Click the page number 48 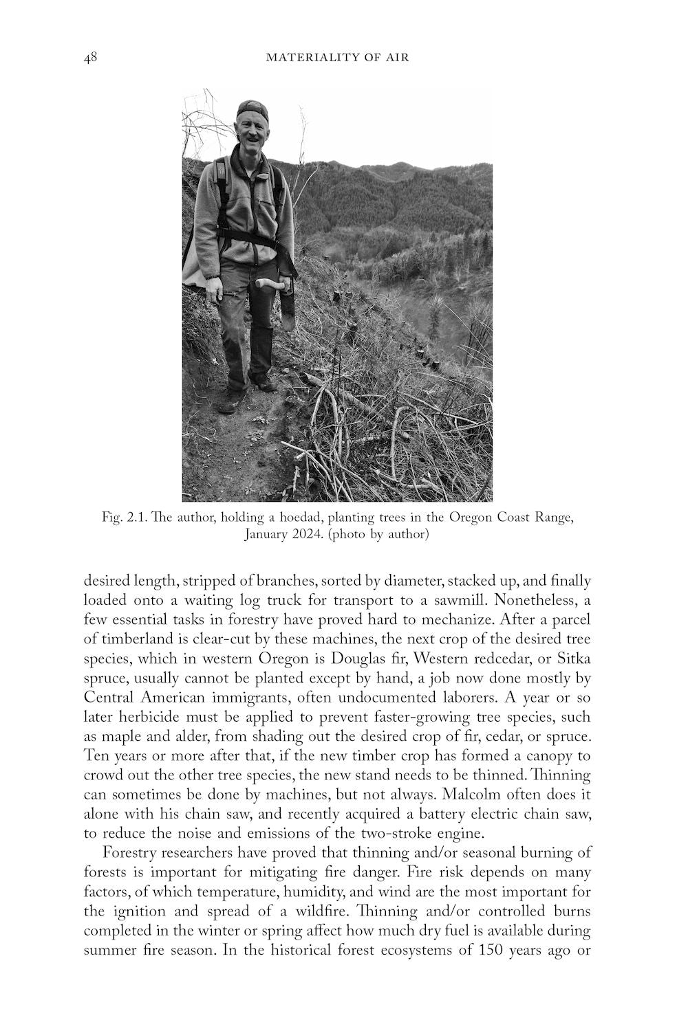point(90,58)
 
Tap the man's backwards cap point(251,108)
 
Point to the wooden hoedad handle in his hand point(268,282)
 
